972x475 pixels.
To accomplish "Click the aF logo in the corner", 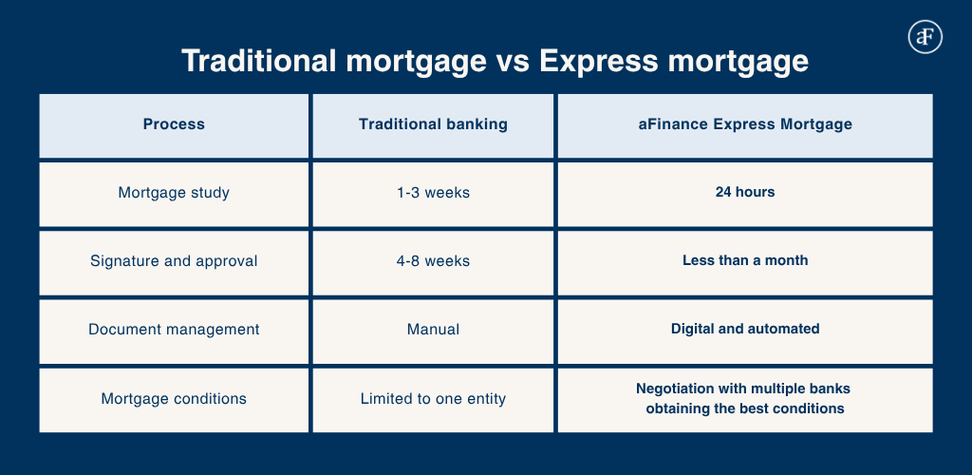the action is coord(925,37).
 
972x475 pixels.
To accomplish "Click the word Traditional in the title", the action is coord(258,62).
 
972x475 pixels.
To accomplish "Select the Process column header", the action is coord(174,124).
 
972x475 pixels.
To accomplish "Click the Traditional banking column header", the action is coord(433,124).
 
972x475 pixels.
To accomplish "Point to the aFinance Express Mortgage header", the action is coord(745,124).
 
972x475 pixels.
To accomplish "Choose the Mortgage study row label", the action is coord(174,193).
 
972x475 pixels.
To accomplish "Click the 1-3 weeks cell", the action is coord(433,193).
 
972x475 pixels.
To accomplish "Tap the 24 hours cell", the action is coord(745,192).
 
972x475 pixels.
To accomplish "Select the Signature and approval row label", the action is coord(174,261).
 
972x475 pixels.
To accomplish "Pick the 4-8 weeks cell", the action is coord(433,261).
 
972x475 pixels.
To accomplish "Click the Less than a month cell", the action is coord(745,260).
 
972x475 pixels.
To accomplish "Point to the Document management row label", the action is coord(174,330).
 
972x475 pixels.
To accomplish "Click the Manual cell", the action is coord(433,330).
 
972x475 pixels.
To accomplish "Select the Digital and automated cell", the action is coord(745,329).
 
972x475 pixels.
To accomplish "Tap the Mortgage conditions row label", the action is coord(174,399).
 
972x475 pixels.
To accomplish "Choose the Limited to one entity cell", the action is coord(433,399).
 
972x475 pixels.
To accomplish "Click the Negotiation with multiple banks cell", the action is coord(745,399).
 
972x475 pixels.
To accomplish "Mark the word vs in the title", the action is coord(512,63).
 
